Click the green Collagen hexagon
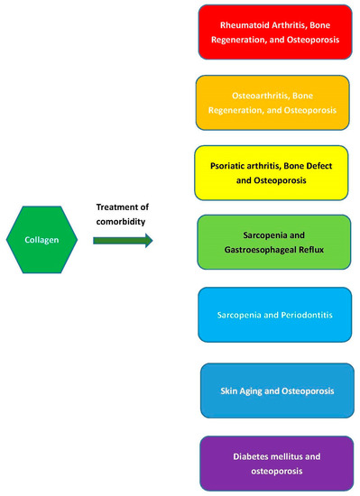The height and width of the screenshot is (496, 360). (x=45, y=240)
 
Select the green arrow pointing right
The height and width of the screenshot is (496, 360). (x=123, y=241)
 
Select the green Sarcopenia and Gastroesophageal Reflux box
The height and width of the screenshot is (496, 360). (x=272, y=242)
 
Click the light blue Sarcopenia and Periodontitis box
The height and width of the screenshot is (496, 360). (x=272, y=316)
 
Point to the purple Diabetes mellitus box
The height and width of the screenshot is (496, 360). (x=272, y=462)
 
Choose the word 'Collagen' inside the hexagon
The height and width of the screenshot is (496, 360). (x=45, y=240)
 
